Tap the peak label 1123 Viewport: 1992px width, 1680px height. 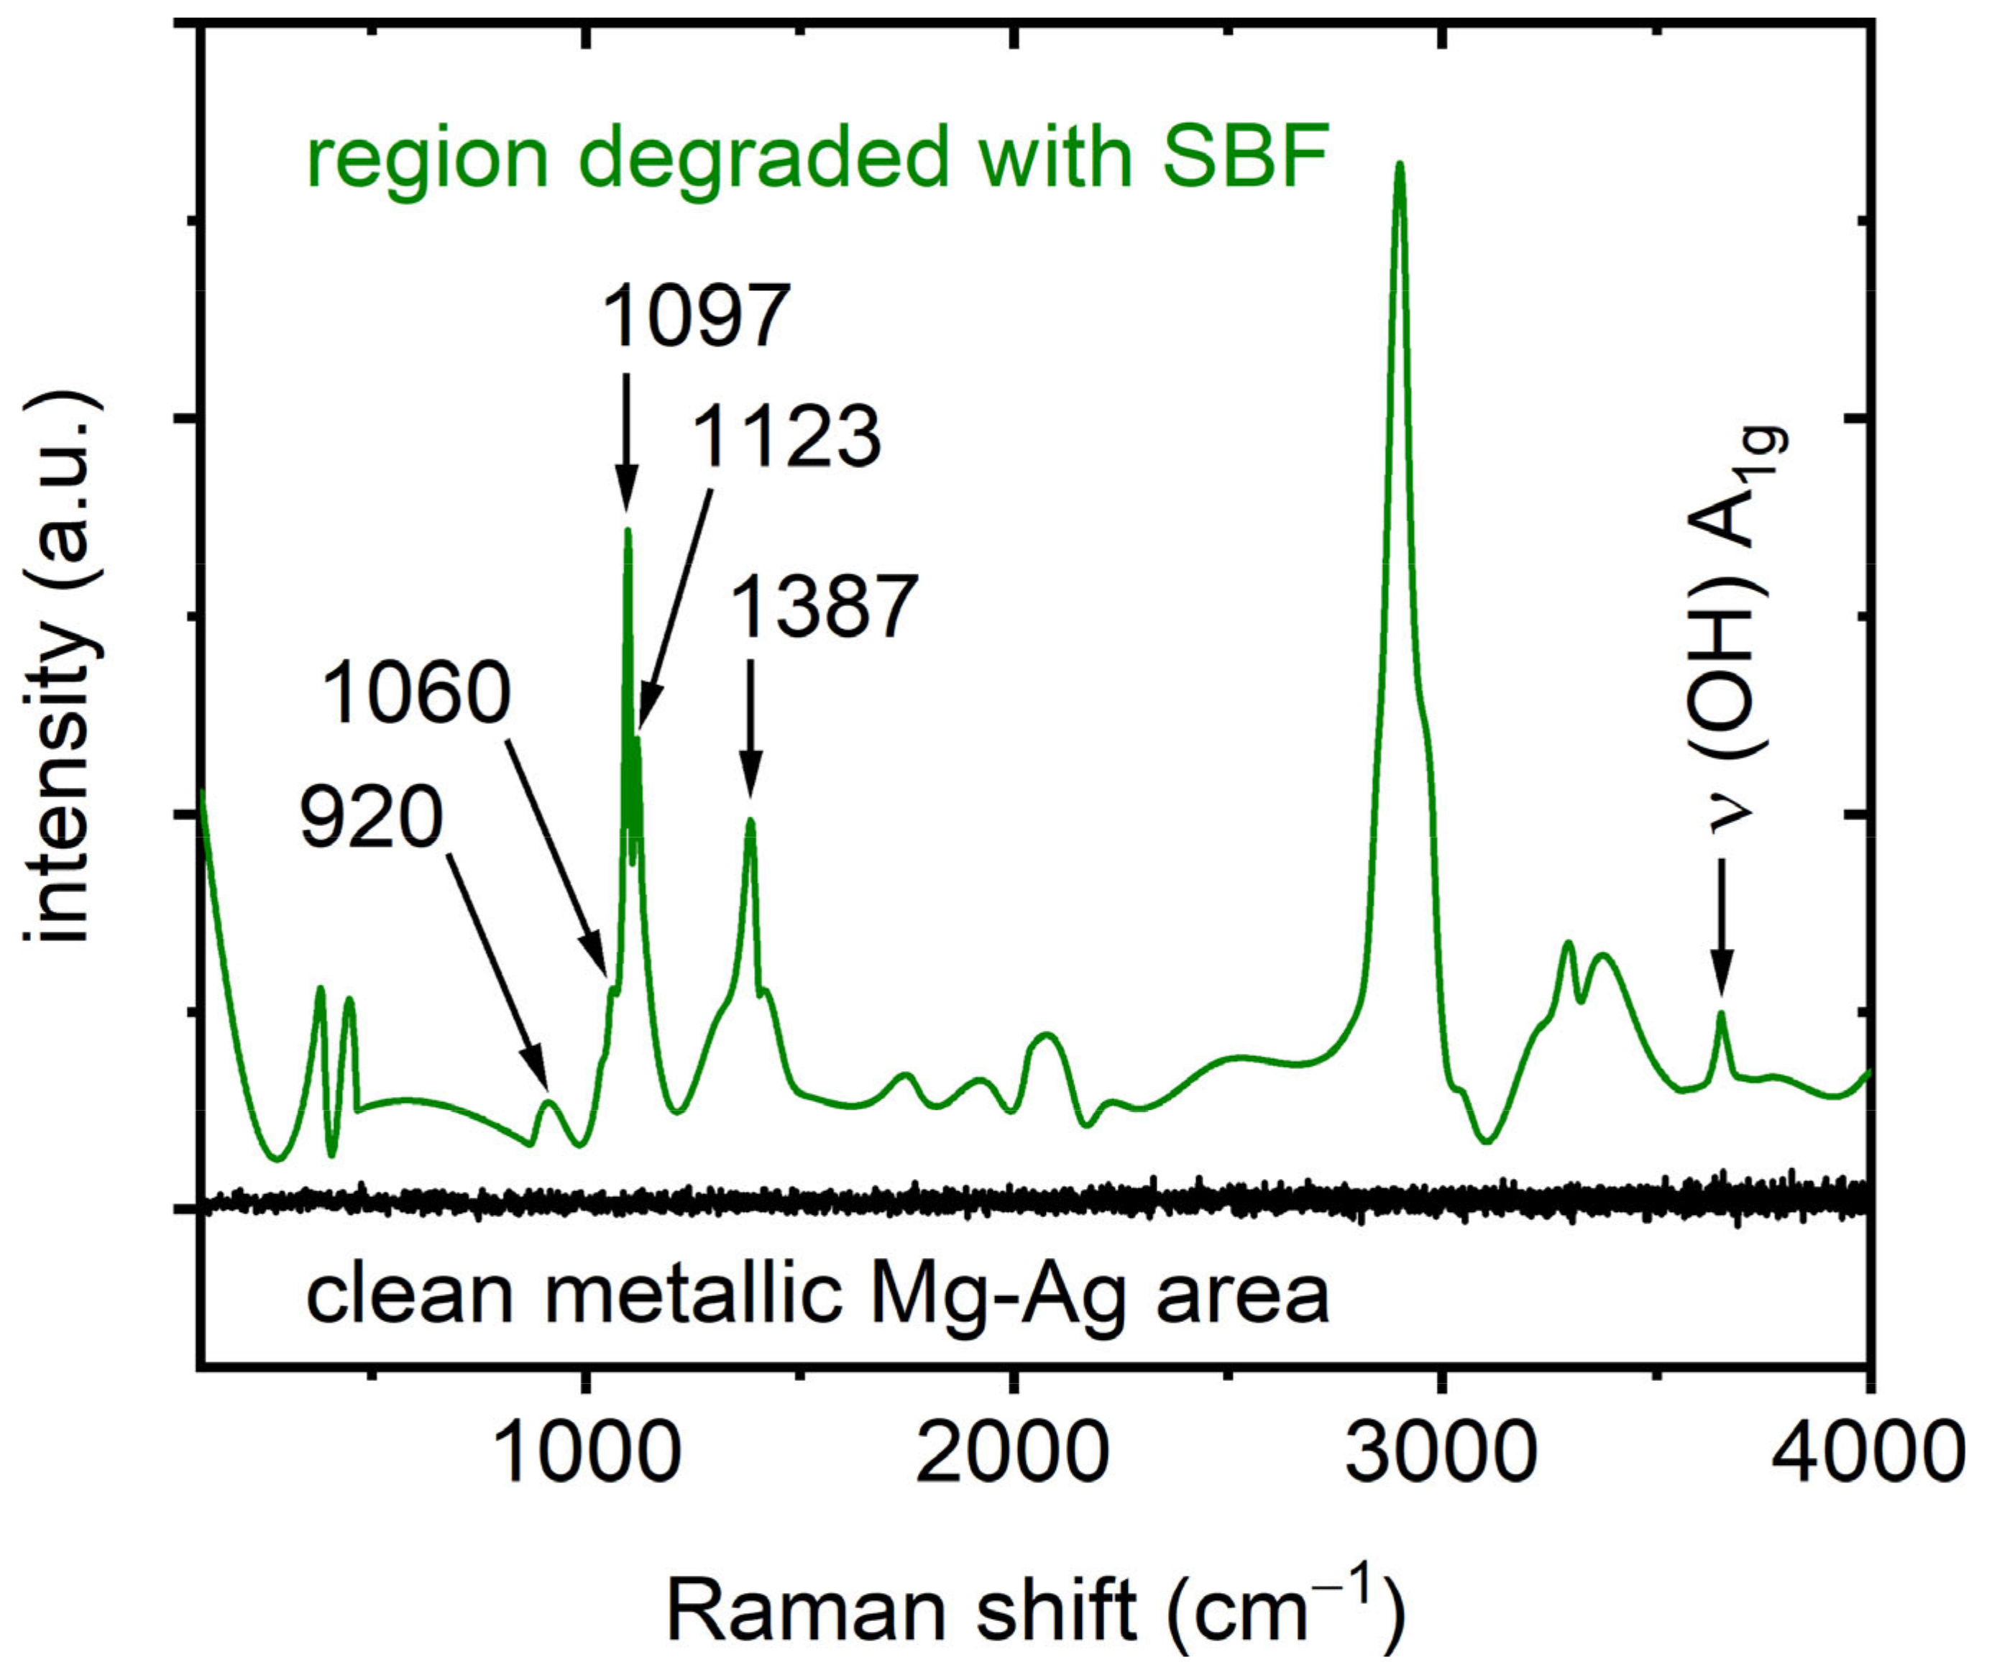click(x=786, y=437)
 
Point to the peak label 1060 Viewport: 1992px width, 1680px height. click(x=416, y=693)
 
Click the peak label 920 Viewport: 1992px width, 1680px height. click(x=372, y=818)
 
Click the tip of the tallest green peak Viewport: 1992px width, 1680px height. click(x=1399, y=166)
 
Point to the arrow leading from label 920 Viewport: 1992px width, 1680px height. click(x=497, y=970)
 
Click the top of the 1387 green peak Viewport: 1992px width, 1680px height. click(x=751, y=820)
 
